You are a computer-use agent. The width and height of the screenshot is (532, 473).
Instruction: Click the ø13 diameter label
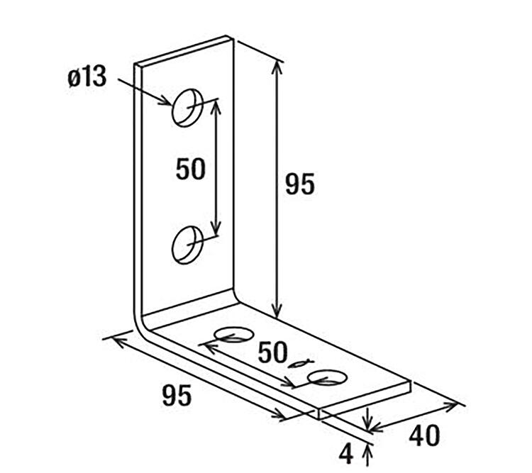tap(87, 77)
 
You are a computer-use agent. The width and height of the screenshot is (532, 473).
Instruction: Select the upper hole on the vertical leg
tap(187, 108)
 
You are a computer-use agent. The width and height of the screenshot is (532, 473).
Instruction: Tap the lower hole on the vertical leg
tap(187, 245)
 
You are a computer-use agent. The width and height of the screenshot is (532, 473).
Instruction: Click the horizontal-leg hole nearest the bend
tap(234, 335)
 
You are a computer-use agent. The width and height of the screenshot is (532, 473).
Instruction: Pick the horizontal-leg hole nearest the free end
tap(328, 378)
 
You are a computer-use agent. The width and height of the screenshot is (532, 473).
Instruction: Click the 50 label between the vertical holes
tap(191, 169)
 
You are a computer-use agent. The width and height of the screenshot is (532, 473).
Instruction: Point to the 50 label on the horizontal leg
tap(273, 352)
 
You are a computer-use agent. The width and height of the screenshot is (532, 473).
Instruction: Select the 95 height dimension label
tap(300, 184)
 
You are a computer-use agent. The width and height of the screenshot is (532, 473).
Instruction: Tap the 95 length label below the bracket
tap(177, 395)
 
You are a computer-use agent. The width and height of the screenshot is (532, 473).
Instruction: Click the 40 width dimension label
tap(424, 435)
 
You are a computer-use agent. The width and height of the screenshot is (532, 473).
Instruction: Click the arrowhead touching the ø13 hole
tap(165, 101)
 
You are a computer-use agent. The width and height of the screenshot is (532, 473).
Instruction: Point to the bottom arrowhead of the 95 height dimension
tap(277, 311)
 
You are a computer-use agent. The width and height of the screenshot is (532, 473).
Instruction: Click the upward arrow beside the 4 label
tap(367, 455)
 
